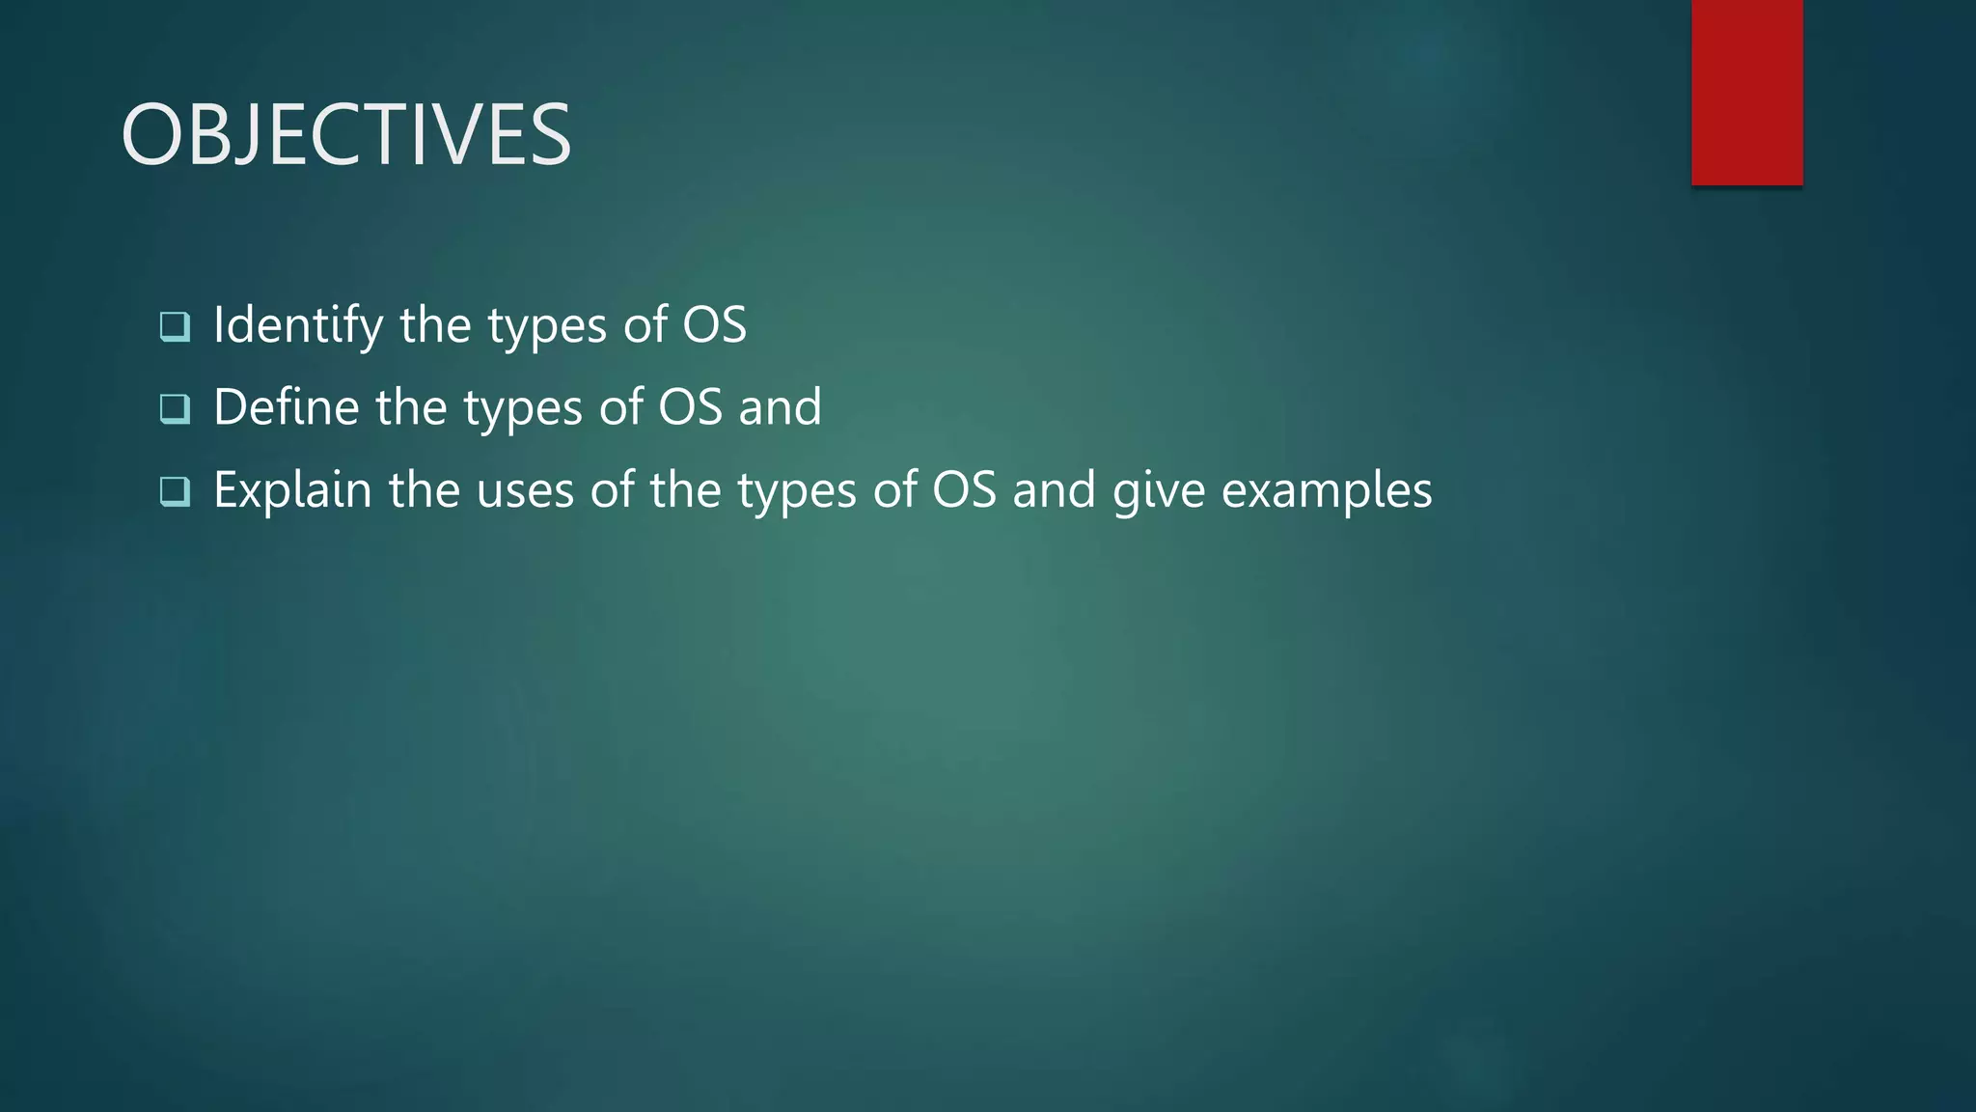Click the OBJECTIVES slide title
point(346,135)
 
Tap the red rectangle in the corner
point(1746,92)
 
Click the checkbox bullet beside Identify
point(175,326)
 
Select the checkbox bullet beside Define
point(175,409)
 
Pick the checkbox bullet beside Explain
point(175,491)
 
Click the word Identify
point(298,325)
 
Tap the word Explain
point(292,490)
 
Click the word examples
point(1327,490)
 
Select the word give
point(1159,490)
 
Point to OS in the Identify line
point(715,325)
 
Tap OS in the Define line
point(691,407)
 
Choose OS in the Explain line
point(964,490)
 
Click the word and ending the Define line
point(781,407)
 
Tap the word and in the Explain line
point(1054,490)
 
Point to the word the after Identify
point(435,325)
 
